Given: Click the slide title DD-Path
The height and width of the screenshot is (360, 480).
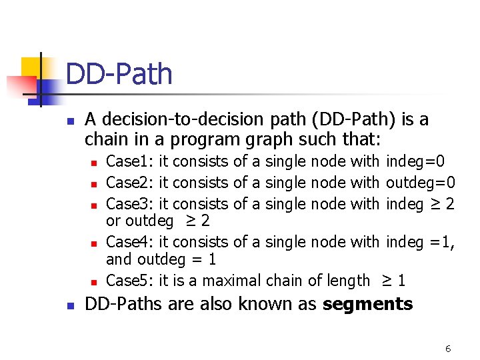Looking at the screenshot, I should [x=119, y=74].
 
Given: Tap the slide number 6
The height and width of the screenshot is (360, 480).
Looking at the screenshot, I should [x=448, y=348].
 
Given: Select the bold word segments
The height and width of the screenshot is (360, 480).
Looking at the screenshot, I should [x=367, y=305].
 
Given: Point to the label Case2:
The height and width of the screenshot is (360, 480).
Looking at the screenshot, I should [x=130, y=182].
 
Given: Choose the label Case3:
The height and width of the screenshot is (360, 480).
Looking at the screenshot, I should [x=130, y=203].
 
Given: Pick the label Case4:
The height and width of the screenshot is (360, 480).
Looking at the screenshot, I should [x=130, y=242].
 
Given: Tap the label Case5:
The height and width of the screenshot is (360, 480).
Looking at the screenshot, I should [x=130, y=281].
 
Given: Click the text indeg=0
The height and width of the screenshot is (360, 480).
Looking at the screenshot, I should [x=415, y=161].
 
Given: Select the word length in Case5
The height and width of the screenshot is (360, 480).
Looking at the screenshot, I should [x=344, y=281].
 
